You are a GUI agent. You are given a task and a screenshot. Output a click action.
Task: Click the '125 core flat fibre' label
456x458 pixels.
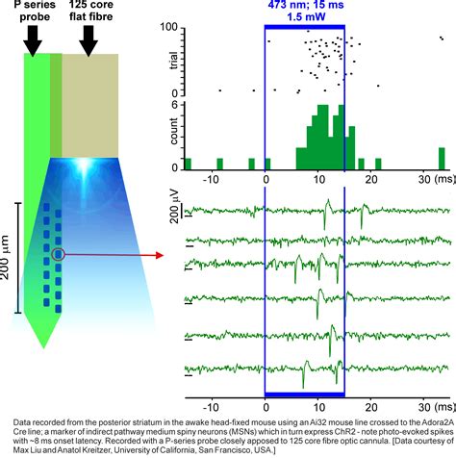point(89,14)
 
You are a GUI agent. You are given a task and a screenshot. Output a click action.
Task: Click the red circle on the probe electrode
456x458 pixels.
point(59,255)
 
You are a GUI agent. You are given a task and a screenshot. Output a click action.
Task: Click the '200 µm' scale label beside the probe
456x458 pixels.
point(7,259)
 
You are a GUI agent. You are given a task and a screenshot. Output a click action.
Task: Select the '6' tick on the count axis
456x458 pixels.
point(178,105)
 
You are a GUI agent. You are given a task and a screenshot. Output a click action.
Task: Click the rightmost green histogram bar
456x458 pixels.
point(442,158)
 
